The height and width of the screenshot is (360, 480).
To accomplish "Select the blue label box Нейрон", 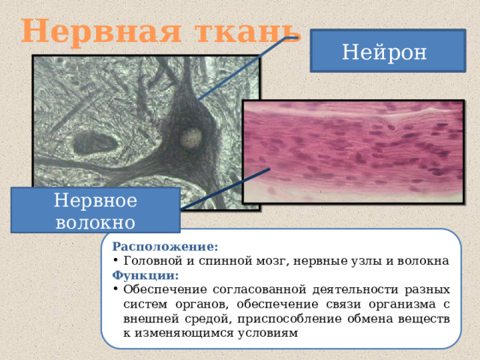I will coord(384,52).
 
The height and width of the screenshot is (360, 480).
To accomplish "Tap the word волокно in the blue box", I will coord(94,222).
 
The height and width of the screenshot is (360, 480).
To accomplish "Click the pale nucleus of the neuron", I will coord(193,136).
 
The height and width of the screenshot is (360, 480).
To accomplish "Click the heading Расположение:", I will coord(164,246).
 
